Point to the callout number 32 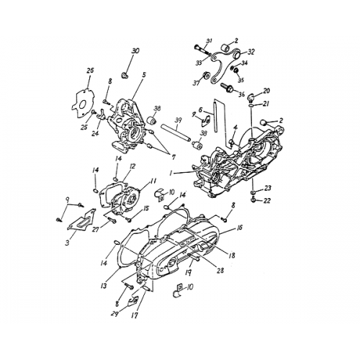250,52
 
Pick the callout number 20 266,91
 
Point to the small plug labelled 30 125,75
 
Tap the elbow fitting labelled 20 253,99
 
